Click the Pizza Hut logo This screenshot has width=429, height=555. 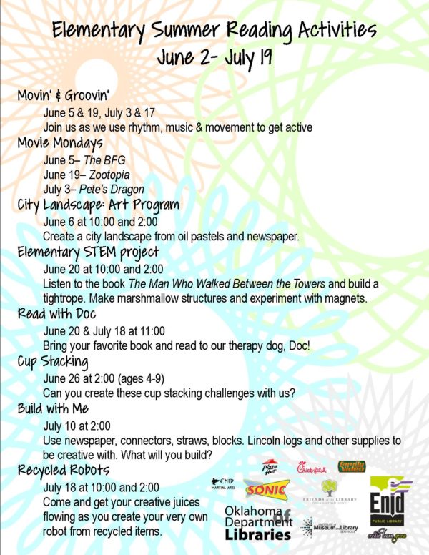pyautogui.click(x=271, y=468)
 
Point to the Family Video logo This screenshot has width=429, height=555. pyautogui.click(x=352, y=466)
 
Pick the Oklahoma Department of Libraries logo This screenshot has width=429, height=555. pyautogui.click(x=257, y=521)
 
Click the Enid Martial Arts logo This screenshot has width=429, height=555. pyautogui.click(x=225, y=484)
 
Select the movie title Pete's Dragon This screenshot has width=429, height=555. pyautogui.click(x=117, y=190)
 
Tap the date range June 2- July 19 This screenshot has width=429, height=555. pyautogui.click(x=214, y=56)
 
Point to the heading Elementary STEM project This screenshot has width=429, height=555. pyautogui.click(x=88, y=252)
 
